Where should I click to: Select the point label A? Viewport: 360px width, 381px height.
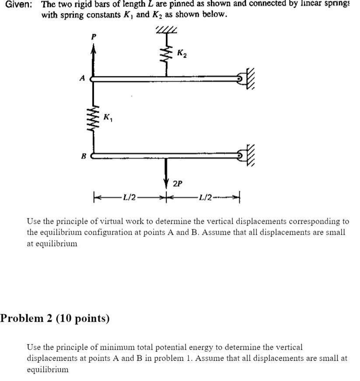pos(81,79)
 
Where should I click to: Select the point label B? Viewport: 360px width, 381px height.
pos(83,156)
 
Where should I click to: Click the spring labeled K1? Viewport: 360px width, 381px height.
pos(93,117)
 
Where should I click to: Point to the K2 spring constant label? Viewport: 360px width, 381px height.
pos(182,53)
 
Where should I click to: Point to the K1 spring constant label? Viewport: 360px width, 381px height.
pos(108,117)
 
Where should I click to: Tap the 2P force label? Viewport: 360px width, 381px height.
pos(177,184)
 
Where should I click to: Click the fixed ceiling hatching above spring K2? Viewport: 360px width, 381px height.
pos(166,30)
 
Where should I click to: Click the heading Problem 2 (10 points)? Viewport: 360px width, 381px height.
pos(55,319)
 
